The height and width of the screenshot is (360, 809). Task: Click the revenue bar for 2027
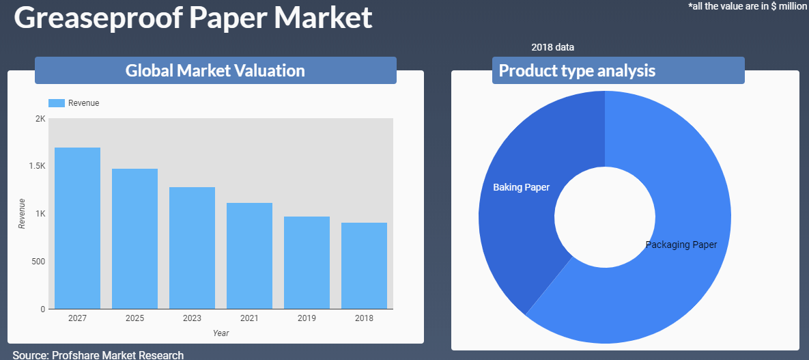pos(77,228)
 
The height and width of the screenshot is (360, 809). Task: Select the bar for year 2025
pos(134,238)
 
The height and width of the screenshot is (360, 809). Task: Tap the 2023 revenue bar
pos(192,248)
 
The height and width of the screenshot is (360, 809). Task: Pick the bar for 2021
pos(249,255)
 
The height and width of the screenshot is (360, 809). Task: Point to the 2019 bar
pos(307,262)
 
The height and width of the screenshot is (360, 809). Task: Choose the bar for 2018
pos(364,266)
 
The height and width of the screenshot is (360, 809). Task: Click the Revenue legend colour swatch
pos(57,102)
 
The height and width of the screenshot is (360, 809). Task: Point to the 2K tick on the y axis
pos(40,119)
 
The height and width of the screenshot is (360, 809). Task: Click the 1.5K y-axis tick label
pos(37,166)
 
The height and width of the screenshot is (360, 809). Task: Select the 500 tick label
pos(39,262)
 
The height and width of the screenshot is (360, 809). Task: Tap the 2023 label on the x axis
pos(192,318)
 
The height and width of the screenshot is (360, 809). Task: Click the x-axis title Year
pos(221,333)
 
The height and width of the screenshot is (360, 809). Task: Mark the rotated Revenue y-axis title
pos(22,213)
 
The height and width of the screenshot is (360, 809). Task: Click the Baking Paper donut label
pos(521,187)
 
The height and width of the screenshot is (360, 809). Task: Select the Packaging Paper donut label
pos(681,245)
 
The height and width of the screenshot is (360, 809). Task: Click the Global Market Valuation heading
pos(215,70)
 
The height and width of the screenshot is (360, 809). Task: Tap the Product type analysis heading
pos(577,70)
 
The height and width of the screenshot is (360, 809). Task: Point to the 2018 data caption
pos(552,47)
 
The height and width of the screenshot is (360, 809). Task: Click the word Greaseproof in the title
pos(98,18)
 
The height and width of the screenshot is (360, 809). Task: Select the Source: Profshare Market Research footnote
pos(98,355)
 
